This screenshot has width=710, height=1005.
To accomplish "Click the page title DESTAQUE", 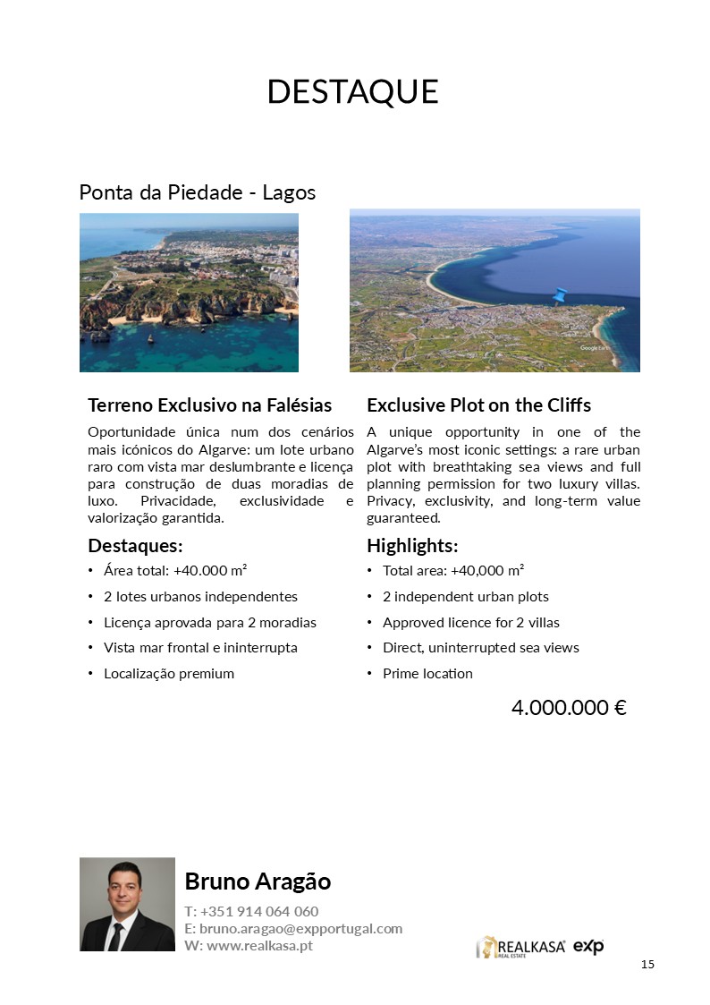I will click(x=353, y=92).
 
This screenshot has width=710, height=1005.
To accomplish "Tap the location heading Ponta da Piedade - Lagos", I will click(x=198, y=192).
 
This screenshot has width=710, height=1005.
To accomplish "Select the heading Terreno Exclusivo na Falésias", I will click(x=210, y=405).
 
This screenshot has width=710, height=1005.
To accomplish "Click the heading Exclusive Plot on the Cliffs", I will click(x=478, y=405).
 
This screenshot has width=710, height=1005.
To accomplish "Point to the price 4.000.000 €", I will click(x=568, y=708).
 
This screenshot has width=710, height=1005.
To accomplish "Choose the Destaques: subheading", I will click(x=135, y=546).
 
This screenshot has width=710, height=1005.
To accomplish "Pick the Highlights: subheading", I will click(x=412, y=546).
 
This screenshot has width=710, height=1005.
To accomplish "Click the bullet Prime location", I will click(x=427, y=673).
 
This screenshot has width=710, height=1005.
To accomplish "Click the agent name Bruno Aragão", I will click(x=258, y=882).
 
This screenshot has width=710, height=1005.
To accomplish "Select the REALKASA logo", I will click(x=520, y=947).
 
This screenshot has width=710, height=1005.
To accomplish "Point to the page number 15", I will click(x=648, y=964).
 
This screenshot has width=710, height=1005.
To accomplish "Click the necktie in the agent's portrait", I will click(x=116, y=934).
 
